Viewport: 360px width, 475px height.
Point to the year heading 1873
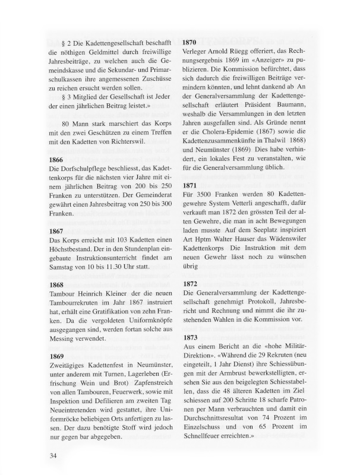(x=193, y=337)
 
